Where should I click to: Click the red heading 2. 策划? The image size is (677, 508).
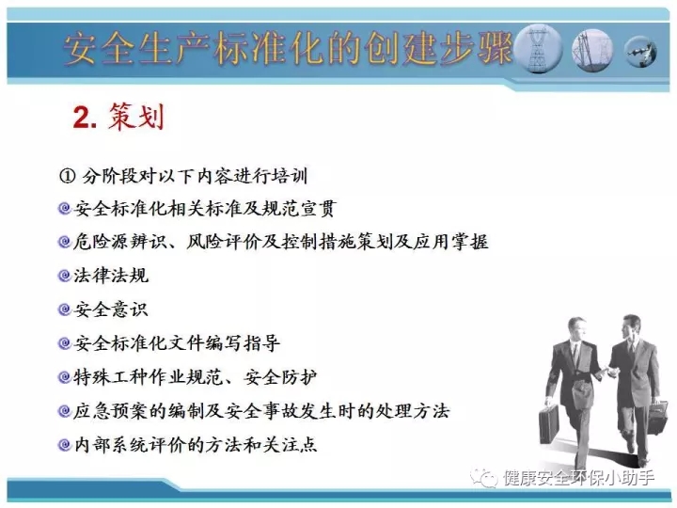(118, 117)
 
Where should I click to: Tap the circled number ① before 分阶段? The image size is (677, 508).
(67, 176)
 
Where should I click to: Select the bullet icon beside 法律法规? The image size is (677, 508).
(64, 276)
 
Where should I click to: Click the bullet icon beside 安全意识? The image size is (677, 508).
(64, 310)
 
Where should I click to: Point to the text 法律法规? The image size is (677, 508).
(111, 276)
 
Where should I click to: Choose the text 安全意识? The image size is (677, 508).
(111, 310)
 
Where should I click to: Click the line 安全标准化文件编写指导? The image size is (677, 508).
(177, 343)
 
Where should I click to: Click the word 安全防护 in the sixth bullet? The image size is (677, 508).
(280, 376)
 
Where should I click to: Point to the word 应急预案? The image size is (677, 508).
(111, 410)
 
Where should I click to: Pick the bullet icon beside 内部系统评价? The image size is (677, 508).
(64, 444)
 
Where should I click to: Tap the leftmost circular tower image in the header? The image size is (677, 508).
(538, 49)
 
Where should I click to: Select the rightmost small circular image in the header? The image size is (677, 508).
(641, 51)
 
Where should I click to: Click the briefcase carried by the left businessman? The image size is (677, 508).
(549, 424)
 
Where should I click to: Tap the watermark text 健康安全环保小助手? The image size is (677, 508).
(578, 478)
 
